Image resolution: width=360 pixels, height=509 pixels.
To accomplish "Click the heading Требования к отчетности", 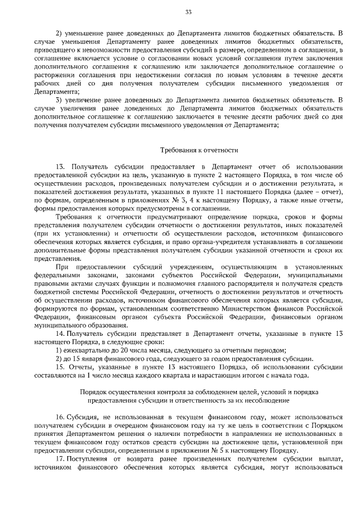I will point(200,150).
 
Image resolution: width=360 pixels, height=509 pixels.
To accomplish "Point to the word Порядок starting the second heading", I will point(92,391).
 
